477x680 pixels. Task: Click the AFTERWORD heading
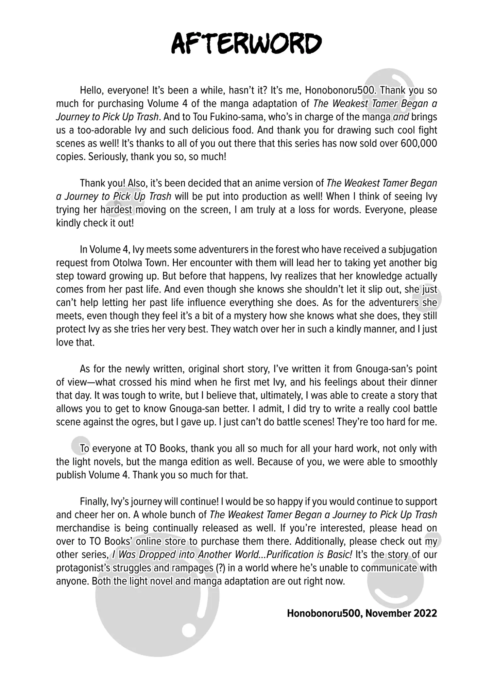(x=246, y=44)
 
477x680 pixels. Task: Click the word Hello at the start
(x=91, y=90)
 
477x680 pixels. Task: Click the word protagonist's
(x=83, y=568)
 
